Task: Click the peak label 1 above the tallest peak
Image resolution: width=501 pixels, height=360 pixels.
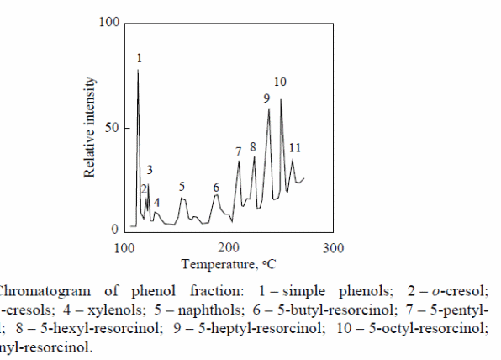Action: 139,58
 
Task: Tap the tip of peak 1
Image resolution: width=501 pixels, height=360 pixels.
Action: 138,71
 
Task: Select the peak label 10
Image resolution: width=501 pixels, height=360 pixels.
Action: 281,82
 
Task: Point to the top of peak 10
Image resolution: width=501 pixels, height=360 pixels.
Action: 281,99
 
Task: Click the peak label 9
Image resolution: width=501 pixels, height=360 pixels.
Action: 266,98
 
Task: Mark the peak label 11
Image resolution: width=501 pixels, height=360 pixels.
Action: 294,148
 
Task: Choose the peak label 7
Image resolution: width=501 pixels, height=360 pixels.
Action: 239,151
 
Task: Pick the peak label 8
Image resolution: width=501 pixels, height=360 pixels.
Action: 253,147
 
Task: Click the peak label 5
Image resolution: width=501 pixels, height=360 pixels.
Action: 182,187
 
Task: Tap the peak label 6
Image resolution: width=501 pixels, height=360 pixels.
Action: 216,187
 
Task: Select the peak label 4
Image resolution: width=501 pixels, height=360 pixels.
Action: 156,203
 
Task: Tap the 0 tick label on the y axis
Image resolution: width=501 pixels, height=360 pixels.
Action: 116,230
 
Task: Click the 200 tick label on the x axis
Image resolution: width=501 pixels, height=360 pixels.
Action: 229,248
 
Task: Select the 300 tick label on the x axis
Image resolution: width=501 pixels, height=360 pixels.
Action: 334,248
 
